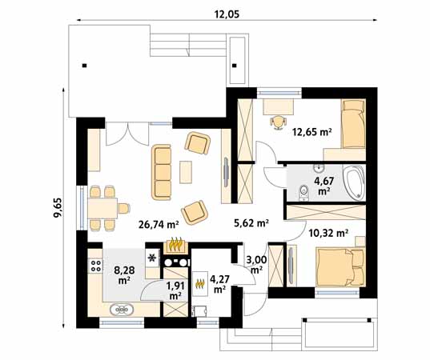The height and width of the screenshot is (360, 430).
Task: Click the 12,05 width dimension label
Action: tap(227, 14)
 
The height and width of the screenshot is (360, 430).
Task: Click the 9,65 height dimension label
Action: tap(58, 207)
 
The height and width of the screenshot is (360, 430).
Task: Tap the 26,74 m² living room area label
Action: tap(159, 225)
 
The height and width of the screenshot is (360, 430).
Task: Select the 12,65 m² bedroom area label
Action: tap(312, 133)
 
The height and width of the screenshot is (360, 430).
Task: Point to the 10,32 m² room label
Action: tap(328, 234)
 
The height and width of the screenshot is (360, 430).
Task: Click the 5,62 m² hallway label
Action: tap(251, 223)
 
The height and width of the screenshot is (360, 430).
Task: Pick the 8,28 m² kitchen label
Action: tap(124, 274)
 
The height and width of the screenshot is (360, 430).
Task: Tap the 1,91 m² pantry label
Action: tap(175, 290)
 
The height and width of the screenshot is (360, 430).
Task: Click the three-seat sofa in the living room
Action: tap(162, 172)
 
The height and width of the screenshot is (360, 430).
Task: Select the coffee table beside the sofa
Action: tap(186, 172)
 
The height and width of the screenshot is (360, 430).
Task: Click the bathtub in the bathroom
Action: tap(354, 182)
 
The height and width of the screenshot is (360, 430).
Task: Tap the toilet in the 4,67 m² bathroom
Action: tap(303, 192)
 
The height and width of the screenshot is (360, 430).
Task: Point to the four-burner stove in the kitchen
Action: tap(95, 266)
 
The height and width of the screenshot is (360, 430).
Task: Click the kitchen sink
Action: tap(122, 310)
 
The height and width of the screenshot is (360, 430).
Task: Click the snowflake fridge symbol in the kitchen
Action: tap(152, 258)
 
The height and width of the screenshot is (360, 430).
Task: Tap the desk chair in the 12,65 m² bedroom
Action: tap(278, 122)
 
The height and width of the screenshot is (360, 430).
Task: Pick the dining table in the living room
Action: tap(102, 208)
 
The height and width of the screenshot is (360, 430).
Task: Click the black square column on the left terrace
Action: tap(85, 66)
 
